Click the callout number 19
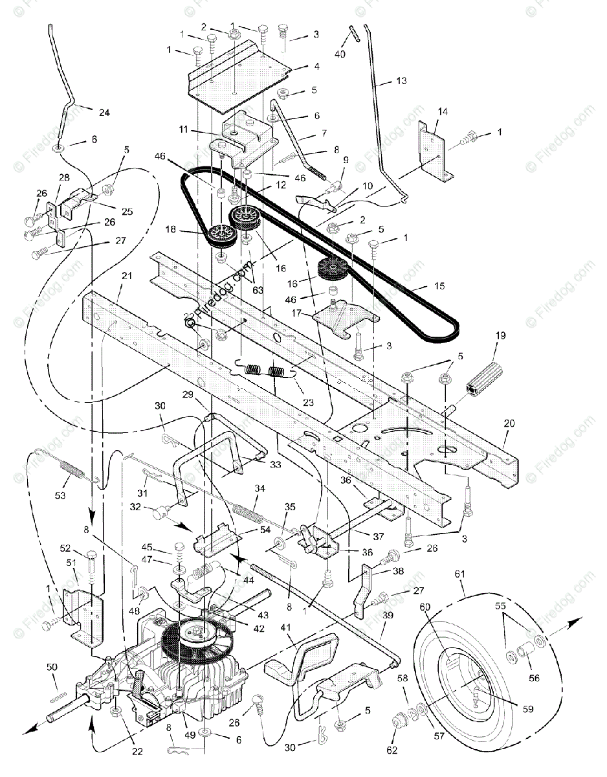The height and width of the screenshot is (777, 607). pyautogui.click(x=501, y=335)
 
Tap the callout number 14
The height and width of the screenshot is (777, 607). pyautogui.click(x=442, y=111)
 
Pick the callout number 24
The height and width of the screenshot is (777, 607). pyautogui.click(x=104, y=112)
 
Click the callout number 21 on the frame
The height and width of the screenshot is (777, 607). pyautogui.click(x=126, y=276)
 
